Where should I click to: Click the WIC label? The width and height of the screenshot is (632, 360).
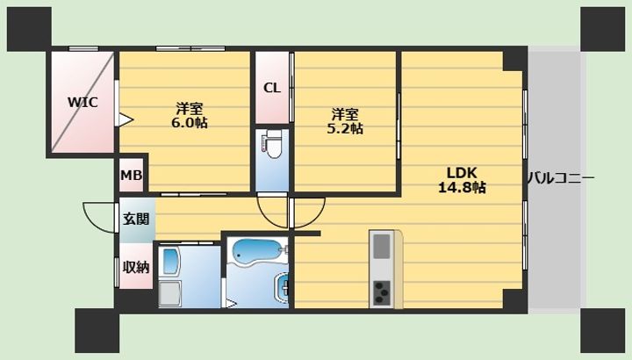[x=83, y=102]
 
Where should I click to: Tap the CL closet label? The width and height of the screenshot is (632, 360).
[x=271, y=88]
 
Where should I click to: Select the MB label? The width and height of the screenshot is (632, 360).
[x=132, y=176]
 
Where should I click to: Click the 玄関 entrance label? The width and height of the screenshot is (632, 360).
[x=136, y=219]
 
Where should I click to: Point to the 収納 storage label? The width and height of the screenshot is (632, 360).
[x=136, y=267]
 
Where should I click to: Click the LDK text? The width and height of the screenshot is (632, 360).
[x=462, y=173]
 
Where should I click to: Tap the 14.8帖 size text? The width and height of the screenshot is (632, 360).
[x=462, y=187]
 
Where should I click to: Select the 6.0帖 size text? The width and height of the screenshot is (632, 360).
[x=190, y=123]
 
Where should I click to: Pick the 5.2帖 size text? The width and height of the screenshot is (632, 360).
[x=345, y=128]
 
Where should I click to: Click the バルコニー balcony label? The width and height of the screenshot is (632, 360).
[x=561, y=178]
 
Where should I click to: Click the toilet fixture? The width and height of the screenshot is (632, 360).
[x=272, y=143]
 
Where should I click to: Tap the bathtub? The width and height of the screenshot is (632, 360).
[x=258, y=252]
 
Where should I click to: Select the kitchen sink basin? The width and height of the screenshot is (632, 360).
[x=382, y=246]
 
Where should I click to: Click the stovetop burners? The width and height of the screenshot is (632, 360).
[x=382, y=292]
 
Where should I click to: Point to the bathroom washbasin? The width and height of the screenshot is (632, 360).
[x=282, y=287]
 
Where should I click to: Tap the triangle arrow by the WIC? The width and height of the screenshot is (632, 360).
[x=126, y=119]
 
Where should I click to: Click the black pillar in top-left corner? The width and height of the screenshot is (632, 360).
[x=30, y=29]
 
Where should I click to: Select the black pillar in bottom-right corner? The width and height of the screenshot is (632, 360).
[x=602, y=330]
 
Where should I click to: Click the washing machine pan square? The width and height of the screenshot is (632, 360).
[x=169, y=293]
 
